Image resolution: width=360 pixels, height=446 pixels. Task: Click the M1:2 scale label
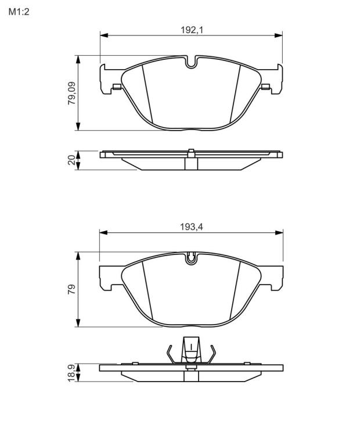click(x=19, y=12)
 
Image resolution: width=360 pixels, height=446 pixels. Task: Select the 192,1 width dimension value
click(x=192, y=30)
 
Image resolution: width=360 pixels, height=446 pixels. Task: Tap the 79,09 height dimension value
click(x=72, y=93)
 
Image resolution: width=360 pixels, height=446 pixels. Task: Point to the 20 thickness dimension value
click(x=72, y=160)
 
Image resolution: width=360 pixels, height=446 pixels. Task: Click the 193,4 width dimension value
click(x=192, y=227)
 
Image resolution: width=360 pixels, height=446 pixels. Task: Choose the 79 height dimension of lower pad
click(x=71, y=289)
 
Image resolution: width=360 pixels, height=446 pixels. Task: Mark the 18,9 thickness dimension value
click(x=71, y=373)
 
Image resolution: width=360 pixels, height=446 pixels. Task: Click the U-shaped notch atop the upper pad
click(x=192, y=62)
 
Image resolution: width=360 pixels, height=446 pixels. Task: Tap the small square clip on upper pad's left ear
click(x=117, y=87)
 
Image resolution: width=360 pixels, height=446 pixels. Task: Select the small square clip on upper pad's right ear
click(x=265, y=87)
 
